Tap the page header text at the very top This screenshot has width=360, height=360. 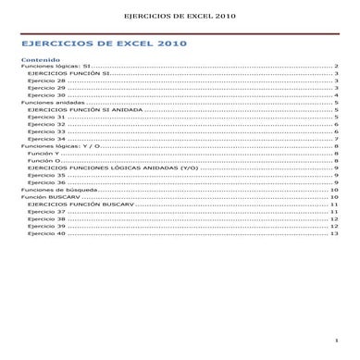click(x=180, y=15)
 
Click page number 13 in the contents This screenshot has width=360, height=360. click(x=334, y=233)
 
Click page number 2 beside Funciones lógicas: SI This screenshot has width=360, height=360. click(x=336, y=67)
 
